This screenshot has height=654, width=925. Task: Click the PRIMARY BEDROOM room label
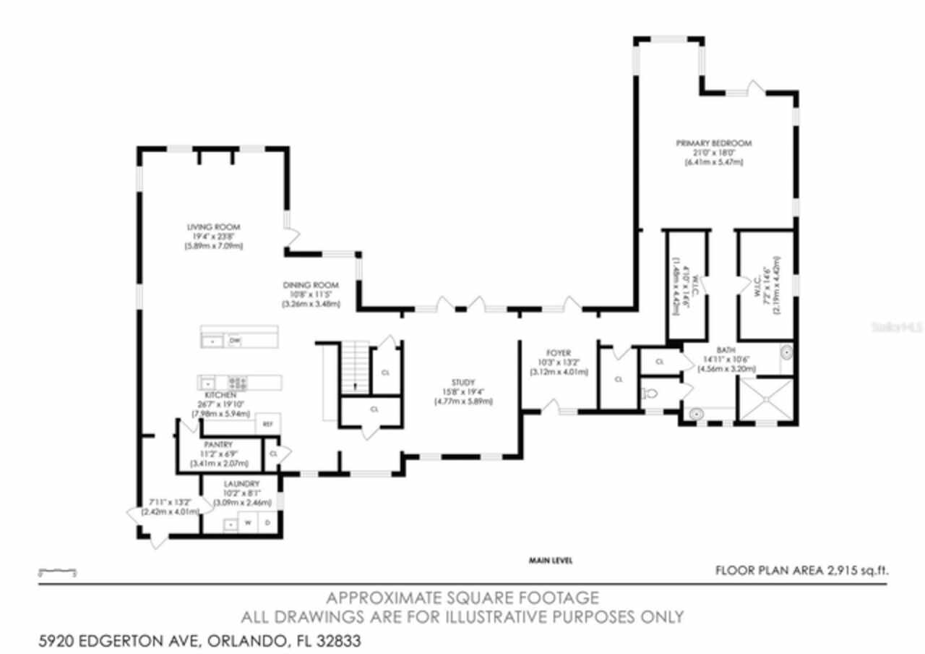pyautogui.click(x=713, y=143)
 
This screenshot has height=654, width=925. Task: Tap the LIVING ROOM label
pyautogui.click(x=213, y=227)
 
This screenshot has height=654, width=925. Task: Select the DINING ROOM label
pyautogui.click(x=310, y=284)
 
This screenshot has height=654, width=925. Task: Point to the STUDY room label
pyautogui.click(x=462, y=382)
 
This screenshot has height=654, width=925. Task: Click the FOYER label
pyautogui.click(x=558, y=353)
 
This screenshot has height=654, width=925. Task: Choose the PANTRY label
pyautogui.click(x=218, y=443)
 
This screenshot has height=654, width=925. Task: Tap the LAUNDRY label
pyautogui.click(x=241, y=484)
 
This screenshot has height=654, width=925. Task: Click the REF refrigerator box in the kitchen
pyautogui.click(x=267, y=424)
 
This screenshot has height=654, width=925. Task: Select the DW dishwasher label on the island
pyautogui.click(x=235, y=340)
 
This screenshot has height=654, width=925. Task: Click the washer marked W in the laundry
pyautogui.click(x=249, y=522)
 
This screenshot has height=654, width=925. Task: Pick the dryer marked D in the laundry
pyautogui.click(x=267, y=522)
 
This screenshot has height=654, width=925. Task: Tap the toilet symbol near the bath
pyautogui.click(x=650, y=395)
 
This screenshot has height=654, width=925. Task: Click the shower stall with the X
pyautogui.click(x=764, y=399)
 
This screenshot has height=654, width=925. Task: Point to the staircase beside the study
pyautogui.click(x=353, y=368)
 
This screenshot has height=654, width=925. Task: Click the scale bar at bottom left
pyautogui.click(x=57, y=572)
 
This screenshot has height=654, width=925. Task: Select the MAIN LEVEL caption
pyautogui.click(x=551, y=560)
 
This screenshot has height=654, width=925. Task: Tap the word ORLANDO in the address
pyautogui.click(x=245, y=641)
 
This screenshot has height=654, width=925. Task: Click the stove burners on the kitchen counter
pyautogui.click(x=238, y=381)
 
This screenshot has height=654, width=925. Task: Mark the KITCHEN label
pyautogui.click(x=220, y=394)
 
